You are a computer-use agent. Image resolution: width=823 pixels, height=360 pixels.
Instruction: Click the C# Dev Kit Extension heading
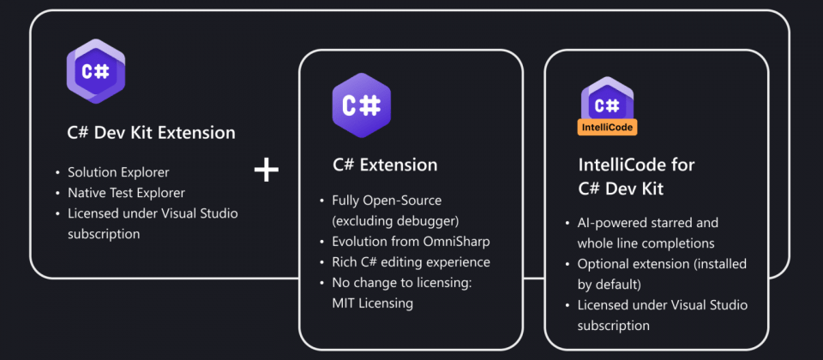pyautogui.click(x=151, y=133)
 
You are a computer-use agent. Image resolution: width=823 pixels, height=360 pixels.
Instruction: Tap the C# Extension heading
pyautogui.click(x=385, y=165)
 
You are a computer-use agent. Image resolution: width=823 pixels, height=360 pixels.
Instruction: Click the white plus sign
pyautogui.click(x=267, y=170)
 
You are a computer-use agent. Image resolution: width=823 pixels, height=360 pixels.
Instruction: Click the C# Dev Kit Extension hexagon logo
pyautogui.click(x=96, y=71)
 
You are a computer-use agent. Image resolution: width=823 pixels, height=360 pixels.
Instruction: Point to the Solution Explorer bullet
pyautogui.click(x=118, y=172)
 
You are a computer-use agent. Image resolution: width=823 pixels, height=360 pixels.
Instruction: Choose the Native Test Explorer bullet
pyautogui.click(x=126, y=193)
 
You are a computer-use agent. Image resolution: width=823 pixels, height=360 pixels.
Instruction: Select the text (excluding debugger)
pyautogui.click(x=384, y=220)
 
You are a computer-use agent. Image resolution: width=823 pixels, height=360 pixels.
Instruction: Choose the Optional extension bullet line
pyautogui.click(x=662, y=264)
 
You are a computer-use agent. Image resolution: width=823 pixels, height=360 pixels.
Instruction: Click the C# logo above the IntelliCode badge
pyautogui.click(x=608, y=105)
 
